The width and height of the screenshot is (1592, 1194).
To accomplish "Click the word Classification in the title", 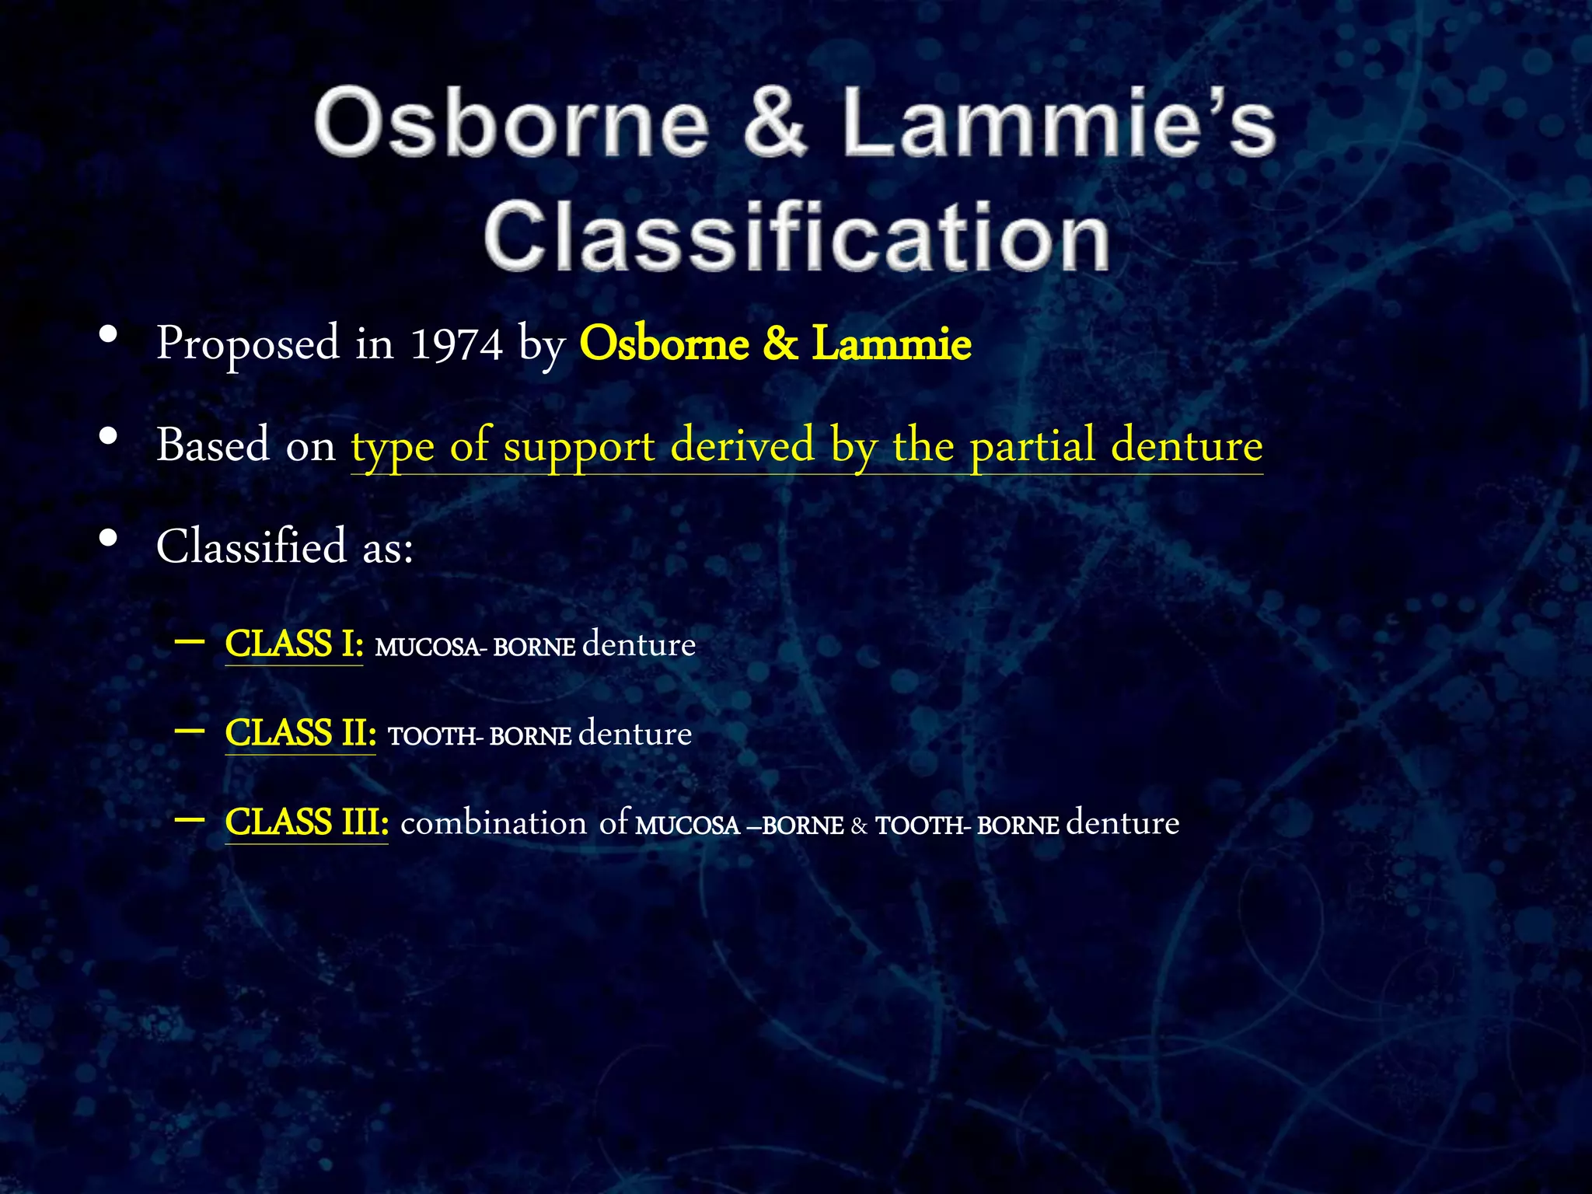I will click(x=796, y=236).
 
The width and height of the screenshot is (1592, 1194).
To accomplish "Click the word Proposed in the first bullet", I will click(x=248, y=344).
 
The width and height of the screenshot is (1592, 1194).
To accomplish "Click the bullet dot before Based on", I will click(x=109, y=437).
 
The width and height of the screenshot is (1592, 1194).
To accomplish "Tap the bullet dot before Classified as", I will click(x=109, y=538).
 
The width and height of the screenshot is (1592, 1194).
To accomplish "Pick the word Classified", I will click(x=251, y=546).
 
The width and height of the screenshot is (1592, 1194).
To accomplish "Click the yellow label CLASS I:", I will click(x=294, y=644).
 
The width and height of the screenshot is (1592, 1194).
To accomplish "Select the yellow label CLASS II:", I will click(x=300, y=733).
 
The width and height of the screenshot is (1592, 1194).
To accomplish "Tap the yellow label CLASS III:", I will click(x=306, y=822).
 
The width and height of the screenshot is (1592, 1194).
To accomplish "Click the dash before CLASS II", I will click(x=190, y=731).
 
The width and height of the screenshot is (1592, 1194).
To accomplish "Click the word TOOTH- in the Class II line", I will click(x=435, y=736).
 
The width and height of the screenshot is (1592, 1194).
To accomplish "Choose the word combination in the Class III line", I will click(x=493, y=823).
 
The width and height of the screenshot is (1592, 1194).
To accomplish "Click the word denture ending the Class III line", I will click(x=1122, y=823).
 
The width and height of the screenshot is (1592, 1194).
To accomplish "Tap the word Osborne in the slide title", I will click(x=511, y=123).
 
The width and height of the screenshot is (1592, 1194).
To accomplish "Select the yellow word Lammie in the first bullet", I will click(x=891, y=344).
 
